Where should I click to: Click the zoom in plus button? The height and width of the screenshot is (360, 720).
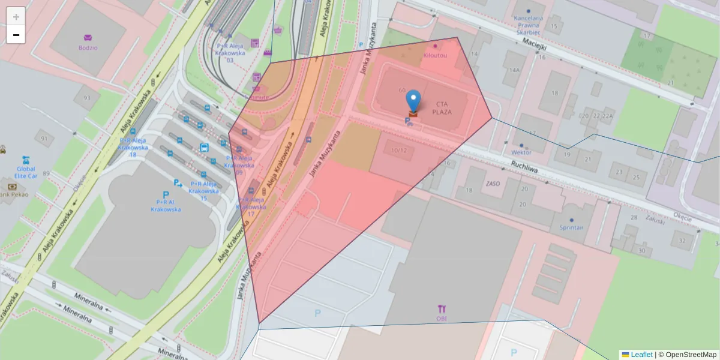(16, 17)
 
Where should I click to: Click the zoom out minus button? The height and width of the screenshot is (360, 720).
(16, 35)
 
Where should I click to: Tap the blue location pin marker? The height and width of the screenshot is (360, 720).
(413, 100)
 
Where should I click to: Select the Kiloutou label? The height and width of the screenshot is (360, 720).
(435, 55)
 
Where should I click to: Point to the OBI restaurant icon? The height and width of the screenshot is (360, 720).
(442, 310)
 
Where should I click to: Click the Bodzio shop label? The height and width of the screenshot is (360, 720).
(88, 47)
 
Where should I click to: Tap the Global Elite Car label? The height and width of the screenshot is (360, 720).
(26, 173)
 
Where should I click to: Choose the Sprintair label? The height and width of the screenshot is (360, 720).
(571, 227)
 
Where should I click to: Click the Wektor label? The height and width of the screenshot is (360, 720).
(521, 152)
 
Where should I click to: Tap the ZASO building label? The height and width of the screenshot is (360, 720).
(493, 184)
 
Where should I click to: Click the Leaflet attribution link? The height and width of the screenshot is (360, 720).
(641, 355)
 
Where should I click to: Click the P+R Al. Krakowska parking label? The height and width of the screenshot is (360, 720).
(166, 206)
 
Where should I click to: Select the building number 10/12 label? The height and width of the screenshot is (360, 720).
(399, 150)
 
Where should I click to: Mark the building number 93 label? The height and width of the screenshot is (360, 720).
(87, 98)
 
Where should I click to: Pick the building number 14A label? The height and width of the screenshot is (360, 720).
(514, 70)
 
